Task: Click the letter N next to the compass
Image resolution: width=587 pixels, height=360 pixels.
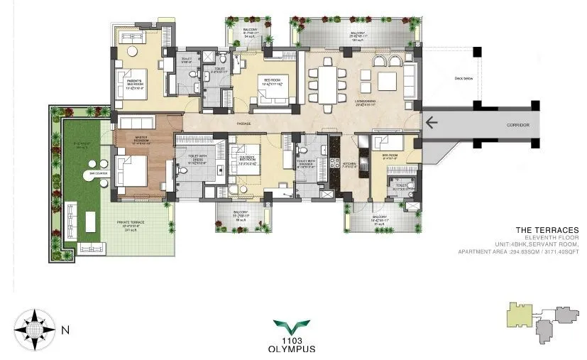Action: (65, 330)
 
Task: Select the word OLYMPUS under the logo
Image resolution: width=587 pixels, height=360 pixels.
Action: (291, 349)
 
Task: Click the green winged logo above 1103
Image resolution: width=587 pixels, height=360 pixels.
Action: (291, 328)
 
